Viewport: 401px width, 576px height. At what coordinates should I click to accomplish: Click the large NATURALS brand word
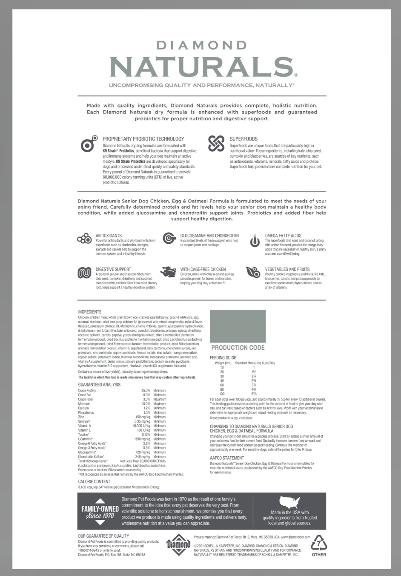coord(201,66)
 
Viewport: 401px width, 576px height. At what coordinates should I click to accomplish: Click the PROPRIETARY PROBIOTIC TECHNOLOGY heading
coord(143,139)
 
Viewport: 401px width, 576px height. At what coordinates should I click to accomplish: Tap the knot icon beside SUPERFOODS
coord(216,144)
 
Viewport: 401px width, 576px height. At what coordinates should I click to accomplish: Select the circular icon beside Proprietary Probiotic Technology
coord(88,145)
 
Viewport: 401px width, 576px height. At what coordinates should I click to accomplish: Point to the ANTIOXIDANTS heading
coord(109,236)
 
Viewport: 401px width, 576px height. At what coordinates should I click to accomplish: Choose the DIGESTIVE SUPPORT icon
coord(84,273)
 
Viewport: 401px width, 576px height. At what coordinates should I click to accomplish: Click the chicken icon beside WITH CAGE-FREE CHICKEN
coord(169,272)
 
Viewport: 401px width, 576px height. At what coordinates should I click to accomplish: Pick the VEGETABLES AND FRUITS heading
coord(287,269)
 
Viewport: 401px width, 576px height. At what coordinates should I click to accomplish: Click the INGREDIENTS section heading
coord(90,312)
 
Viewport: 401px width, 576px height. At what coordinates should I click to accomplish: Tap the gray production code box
coord(238,326)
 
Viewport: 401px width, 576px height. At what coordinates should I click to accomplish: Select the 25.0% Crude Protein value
coord(146,390)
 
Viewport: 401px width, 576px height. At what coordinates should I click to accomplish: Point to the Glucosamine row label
coord(87,452)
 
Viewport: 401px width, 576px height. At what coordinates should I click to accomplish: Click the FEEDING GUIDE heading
coord(223,358)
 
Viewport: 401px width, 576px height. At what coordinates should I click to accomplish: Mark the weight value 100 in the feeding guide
coord(222,394)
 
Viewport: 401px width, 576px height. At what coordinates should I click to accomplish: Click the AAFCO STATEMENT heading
coord(227,458)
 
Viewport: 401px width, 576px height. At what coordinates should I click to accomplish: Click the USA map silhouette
coord(289,502)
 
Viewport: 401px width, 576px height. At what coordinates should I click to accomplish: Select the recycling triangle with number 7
coord(319,544)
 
